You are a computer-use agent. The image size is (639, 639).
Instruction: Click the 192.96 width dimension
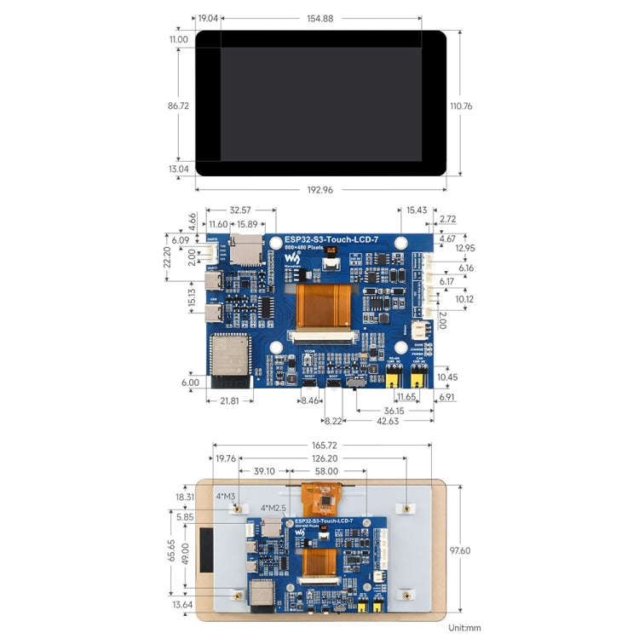click(x=319, y=189)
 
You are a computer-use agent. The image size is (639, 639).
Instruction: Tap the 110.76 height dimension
click(x=461, y=106)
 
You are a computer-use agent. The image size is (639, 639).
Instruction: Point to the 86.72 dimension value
click(x=178, y=106)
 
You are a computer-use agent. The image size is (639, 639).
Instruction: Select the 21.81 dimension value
click(x=230, y=400)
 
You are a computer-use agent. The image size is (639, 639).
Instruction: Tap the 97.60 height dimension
click(x=460, y=550)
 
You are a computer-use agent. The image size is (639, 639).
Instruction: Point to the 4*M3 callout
click(x=226, y=495)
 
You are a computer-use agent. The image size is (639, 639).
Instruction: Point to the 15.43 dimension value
click(x=417, y=210)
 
